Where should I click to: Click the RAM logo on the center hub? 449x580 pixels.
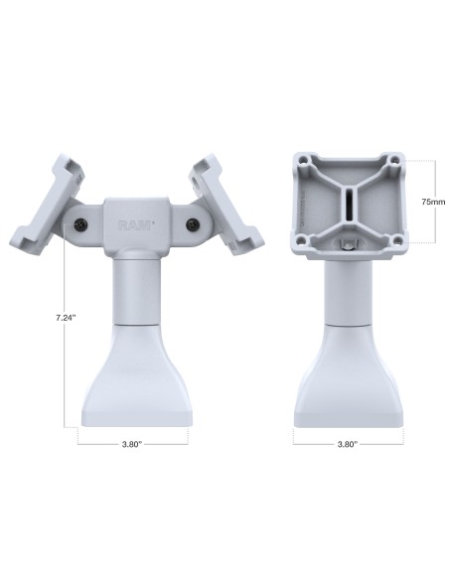pyautogui.click(x=135, y=226)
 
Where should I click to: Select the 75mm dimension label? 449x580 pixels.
pyautogui.click(x=431, y=201)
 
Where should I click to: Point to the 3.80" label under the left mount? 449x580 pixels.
pyautogui.click(x=134, y=444)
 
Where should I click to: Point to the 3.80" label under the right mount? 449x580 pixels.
pyautogui.click(x=348, y=444)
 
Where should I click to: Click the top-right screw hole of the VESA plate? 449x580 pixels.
pyautogui.click(x=394, y=159)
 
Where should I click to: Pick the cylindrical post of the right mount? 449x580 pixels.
pyautogui.click(x=348, y=293)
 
